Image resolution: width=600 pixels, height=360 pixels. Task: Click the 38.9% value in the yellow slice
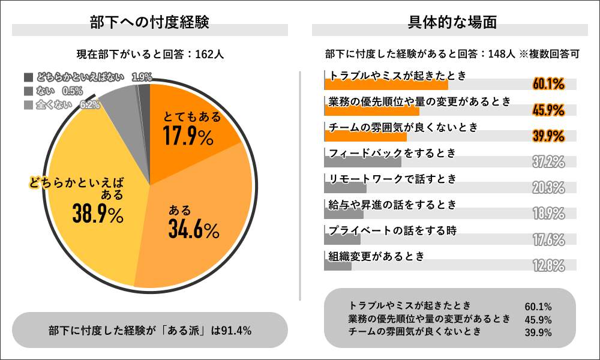tap(97, 214)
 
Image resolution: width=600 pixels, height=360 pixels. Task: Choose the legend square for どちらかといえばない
tap(28, 77)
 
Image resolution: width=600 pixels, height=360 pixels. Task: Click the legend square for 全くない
tap(28, 104)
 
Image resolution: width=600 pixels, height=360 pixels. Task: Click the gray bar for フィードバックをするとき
tap(362, 161)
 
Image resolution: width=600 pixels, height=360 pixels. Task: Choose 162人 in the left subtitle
tap(209, 54)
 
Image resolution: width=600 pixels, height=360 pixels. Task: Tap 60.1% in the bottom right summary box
tap(538, 307)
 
